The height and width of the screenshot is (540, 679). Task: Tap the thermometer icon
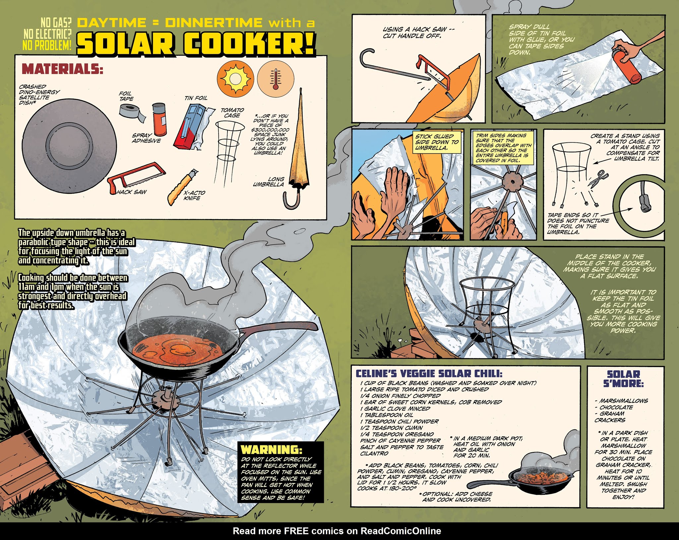click(x=276, y=79)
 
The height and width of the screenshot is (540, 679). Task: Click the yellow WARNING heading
click(x=272, y=449)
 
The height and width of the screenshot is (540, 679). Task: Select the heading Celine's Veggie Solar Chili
click(x=429, y=373)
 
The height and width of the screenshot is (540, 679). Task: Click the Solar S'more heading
click(x=623, y=379)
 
